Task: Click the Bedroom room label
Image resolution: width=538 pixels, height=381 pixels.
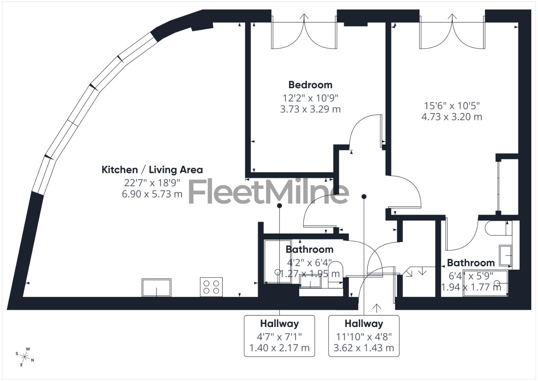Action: [310, 85]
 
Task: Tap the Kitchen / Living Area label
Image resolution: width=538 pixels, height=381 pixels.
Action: [152, 170]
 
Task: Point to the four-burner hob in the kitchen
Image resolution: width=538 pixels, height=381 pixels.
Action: [211, 287]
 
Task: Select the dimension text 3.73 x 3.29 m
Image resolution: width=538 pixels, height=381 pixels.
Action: [310, 109]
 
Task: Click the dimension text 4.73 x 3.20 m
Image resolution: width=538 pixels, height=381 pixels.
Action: [452, 117]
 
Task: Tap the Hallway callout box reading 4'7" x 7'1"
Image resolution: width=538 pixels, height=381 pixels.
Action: [279, 336]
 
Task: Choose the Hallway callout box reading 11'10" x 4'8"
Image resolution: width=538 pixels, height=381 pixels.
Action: [364, 336]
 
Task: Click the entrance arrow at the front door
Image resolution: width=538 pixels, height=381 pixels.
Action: [377, 308]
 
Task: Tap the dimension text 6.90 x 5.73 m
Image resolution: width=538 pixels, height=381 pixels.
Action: [152, 194]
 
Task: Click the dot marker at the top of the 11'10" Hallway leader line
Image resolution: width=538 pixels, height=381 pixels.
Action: [364, 196]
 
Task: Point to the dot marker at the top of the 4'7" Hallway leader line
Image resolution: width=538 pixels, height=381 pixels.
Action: [279, 205]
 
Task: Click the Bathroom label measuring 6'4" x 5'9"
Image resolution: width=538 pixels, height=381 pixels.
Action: [471, 263]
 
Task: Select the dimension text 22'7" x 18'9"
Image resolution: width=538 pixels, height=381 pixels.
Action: [152, 182]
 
